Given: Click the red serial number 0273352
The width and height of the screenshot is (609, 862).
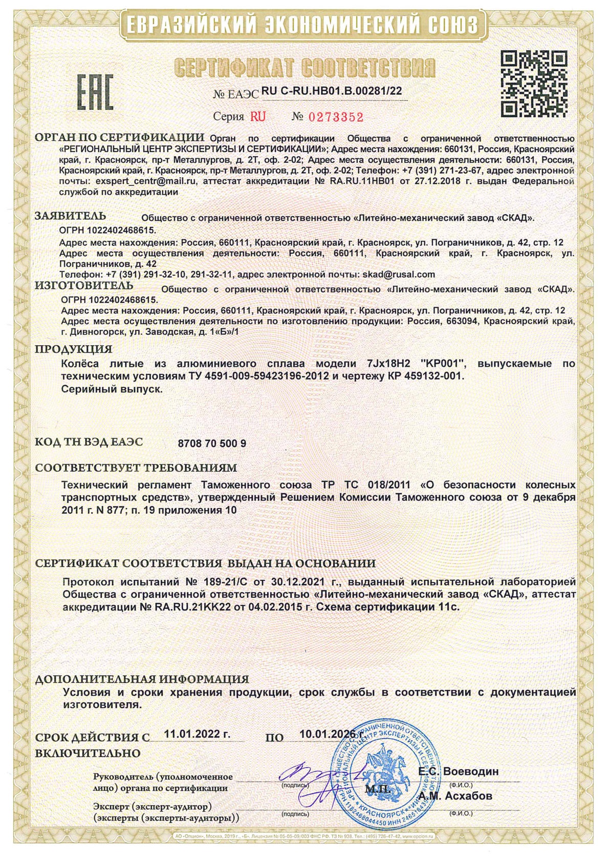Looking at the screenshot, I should pyautogui.click(x=336, y=117).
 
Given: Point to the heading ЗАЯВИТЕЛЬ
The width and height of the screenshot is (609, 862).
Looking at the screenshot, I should pyautogui.click(x=71, y=216).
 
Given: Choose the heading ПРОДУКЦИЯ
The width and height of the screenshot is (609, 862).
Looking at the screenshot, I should pyautogui.click(x=73, y=349).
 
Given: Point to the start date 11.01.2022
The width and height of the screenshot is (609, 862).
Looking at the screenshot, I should pyautogui.click(x=197, y=733).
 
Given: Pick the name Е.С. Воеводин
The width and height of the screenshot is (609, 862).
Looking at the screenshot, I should pyautogui.click(x=458, y=771).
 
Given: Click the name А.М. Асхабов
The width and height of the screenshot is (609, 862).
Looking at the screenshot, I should pyautogui.click(x=455, y=796).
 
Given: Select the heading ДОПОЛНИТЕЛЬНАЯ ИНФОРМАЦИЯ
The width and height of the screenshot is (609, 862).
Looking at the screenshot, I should pyautogui.click(x=142, y=679).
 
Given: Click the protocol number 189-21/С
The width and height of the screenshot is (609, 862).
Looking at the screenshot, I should pyautogui.click(x=224, y=582).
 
